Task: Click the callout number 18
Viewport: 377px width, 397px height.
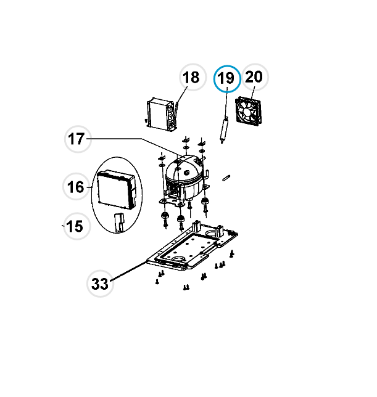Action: point(191,77)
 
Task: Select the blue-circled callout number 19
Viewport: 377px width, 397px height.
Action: point(226,78)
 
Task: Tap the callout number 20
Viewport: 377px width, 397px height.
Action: point(254,76)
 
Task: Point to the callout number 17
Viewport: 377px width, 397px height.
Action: point(76,139)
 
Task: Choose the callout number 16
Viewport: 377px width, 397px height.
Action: point(75,187)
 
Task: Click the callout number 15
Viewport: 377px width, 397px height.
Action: point(75,226)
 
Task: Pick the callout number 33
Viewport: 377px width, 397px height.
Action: point(100,284)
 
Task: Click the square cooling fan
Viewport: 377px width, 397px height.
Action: point(248,112)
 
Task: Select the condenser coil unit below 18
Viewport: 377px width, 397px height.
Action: point(162,114)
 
